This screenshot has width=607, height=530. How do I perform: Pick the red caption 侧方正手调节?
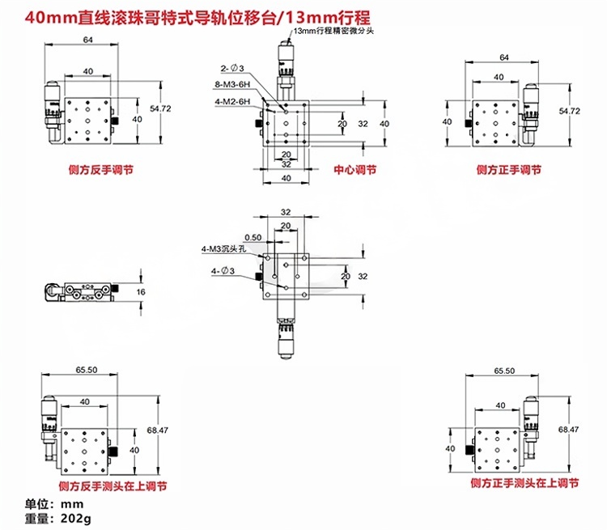tap(508, 170)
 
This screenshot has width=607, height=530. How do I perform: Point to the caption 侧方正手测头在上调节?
tap(524, 484)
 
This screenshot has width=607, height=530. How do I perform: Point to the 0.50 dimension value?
tap(253, 237)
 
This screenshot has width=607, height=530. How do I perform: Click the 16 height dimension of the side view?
tap(141, 291)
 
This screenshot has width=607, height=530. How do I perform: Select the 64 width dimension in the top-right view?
tap(503, 57)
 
